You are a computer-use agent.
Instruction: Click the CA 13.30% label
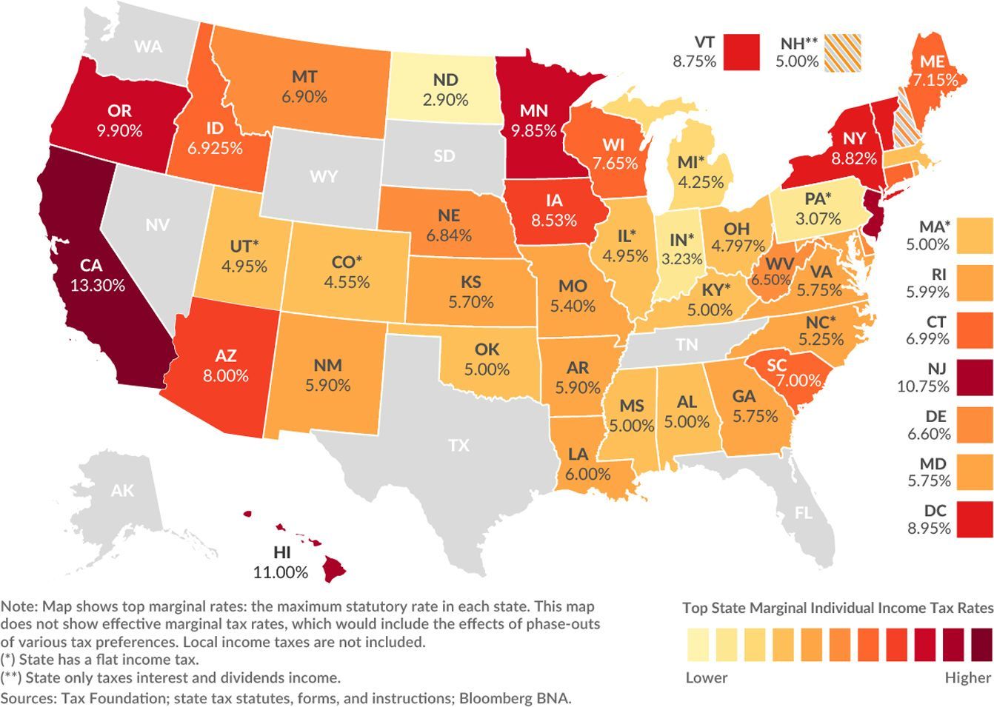coord(97,275)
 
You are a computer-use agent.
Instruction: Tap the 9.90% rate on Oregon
coord(119,131)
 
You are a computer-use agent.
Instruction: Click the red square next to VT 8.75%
coord(741,53)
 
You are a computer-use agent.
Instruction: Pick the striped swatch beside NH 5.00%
coord(844,53)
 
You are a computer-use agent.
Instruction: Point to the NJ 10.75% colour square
coord(975,377)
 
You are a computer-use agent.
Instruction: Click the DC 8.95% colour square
coord(975,519)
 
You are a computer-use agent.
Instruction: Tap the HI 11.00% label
coord(281,562)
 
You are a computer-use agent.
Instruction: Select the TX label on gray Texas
coord(458,446)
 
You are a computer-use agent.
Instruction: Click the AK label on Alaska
coord(123,490)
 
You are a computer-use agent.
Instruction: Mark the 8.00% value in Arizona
coord(226,375)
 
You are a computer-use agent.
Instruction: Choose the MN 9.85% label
coord(533,121)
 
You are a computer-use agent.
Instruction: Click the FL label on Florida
coord(803,513)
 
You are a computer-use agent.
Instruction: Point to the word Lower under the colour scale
coord(706,677)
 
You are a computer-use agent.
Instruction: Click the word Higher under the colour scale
coord(967,677)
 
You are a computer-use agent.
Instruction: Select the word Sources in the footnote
coord(28,697)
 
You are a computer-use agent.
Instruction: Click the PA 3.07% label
coord(818,209)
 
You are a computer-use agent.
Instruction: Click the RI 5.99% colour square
coord(975,283)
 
